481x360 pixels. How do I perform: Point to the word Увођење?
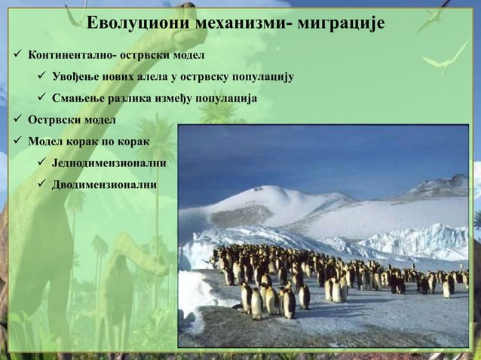[77, 77]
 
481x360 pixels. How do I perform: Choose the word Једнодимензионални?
[109, 163]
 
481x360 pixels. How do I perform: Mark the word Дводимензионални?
[104, 185]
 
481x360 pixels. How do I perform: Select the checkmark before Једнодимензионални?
[42, 163]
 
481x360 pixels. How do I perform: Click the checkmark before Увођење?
[42, 77]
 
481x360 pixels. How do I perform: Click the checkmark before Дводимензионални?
[42, 185]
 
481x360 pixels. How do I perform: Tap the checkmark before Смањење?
[42, 98]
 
